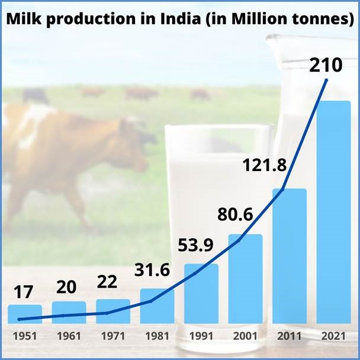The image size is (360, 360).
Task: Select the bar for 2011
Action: coord(289,256)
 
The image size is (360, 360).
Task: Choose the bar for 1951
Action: coord(25,314)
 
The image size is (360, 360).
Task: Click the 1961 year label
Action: coord(69,336)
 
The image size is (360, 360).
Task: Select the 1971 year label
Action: coord(112,336)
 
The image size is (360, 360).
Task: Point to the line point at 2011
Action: coord(282,189)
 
